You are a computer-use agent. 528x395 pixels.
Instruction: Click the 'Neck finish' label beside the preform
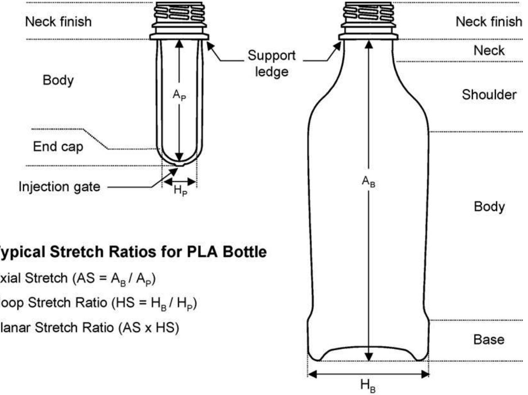click(58, 22)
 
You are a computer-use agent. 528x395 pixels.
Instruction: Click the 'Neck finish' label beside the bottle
click(488, 22)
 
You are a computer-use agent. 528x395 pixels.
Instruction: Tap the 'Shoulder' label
click(489, 94)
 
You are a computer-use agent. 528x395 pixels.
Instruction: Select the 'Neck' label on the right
click(489, 50)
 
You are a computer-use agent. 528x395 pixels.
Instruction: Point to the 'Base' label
click(489, 340)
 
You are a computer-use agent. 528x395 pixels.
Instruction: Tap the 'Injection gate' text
click(59, 187)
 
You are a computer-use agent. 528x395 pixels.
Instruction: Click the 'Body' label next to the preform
click(58, 80)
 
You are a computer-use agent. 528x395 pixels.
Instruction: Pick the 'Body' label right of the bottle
click(489, 207)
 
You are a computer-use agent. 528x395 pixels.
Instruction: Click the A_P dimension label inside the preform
click(179, 96)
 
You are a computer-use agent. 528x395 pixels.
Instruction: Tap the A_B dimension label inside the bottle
click(368, 182)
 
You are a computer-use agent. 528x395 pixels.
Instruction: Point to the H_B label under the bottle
click(368, 386)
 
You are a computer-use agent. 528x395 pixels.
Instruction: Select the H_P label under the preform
click(180, 191)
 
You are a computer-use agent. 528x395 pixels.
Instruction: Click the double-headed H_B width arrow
click(368, 375)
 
